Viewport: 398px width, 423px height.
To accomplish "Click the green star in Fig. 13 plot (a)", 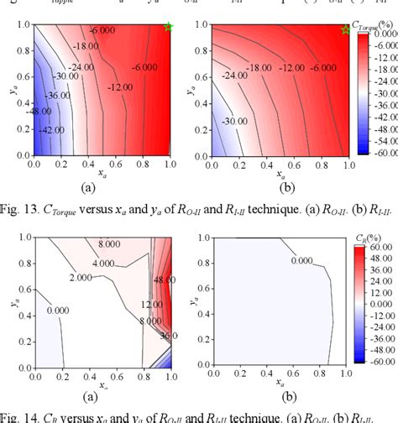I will [x=170, y=28].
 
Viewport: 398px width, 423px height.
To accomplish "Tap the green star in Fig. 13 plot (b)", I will [x=345, y=29].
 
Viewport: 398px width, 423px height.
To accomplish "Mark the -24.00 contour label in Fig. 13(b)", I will [x=236, y=76].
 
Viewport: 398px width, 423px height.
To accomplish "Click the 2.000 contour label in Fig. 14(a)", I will [x=81, y=276].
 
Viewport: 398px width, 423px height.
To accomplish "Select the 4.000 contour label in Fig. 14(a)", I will [x=104, y=264].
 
